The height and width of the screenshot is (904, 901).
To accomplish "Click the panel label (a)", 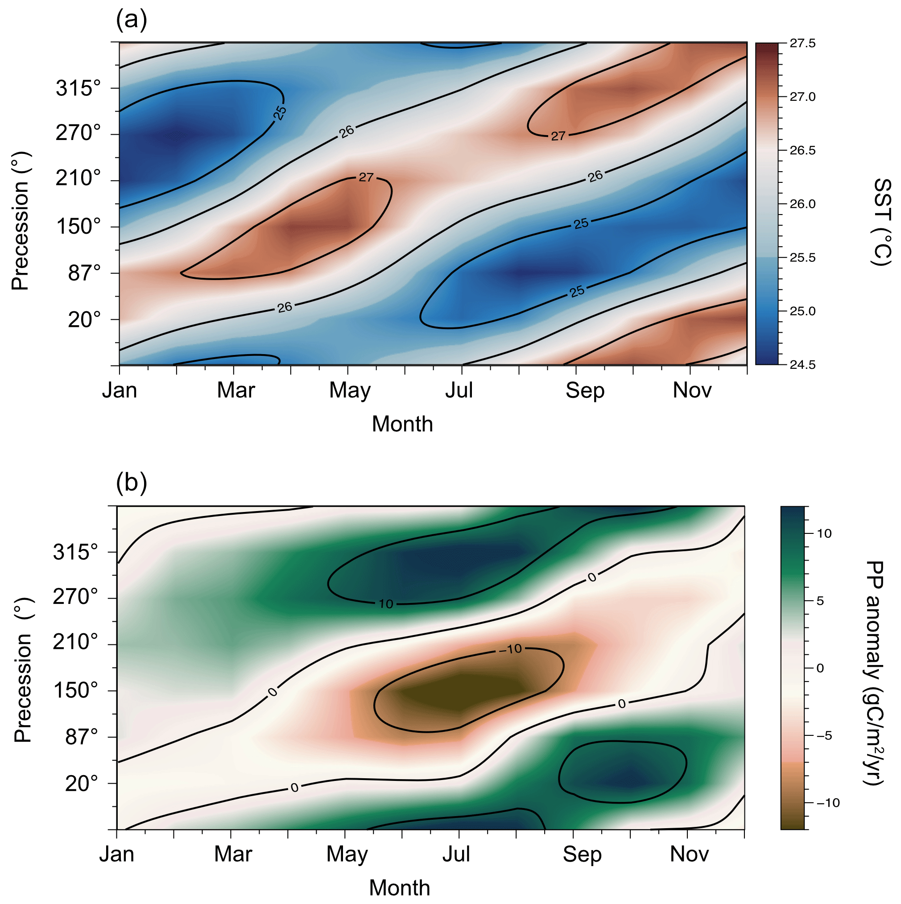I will pyautogui.click(x=132, y=20).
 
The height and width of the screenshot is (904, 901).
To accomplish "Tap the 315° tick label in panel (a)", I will pyautogui.click(x=78, y=88).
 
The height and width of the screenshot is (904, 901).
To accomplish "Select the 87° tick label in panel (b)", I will pyautogui.click(x=82, y=737).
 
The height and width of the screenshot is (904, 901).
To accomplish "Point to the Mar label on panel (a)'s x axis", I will pyautogui.click(x=236, y=390).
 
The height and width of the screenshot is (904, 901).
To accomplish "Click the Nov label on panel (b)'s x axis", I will pyautogui.click(x=689, y=854).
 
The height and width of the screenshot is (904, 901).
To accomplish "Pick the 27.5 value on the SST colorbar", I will pyautogui.click(x=802, y=44).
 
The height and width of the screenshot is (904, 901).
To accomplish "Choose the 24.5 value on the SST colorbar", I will pyautogui.click(x=802, y=365).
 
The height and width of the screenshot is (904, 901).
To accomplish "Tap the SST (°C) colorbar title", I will pyautogui.click(x=882, y=222).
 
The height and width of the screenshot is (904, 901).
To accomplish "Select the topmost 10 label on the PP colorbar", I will pyautogui.click(x=824, y=533).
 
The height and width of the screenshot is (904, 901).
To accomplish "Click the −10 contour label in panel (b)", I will pyautogui.click(x=510, y=649).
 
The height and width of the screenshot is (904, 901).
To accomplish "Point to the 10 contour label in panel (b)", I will pyautogui.click(x=386, y=604).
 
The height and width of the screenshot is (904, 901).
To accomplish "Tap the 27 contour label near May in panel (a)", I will pyautogui.click(x=366, y=177).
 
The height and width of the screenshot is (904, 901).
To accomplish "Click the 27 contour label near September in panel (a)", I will pyautogui.click(x=558, y=136).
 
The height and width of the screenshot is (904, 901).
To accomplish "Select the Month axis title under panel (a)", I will pyautogui.click(x=402, y=425).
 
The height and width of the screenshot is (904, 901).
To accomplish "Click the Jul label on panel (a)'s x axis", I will pyautogui.click(x=459, y=390).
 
